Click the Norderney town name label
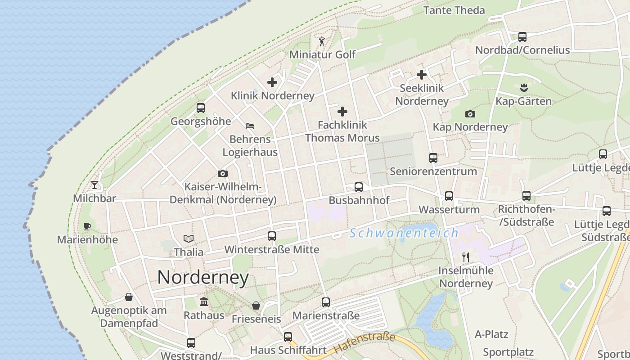coord(203,277)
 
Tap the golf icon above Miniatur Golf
coord(322,42)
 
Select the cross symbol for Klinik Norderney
coord(272,82)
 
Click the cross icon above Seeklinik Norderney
coord(422,75)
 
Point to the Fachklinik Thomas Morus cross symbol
coord(342,112)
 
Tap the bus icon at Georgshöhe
coord(201,108)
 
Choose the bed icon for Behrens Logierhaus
coord(250,126)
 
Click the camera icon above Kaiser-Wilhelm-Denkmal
coord(222,174)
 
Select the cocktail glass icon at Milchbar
coord(94,185)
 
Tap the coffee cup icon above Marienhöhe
coord(87,226)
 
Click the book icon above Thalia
coord(189,239)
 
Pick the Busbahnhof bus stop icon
coord(359,187)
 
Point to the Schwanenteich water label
coord(404,233)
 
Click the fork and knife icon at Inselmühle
coord(466,257)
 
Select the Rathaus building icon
coord(203,301)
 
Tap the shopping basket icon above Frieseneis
coord(256,306)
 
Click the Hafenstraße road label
coord(364,343)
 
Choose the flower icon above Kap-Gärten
coord(523,87)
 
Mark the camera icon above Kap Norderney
coord(470,114)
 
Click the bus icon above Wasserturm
coord(449,196)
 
